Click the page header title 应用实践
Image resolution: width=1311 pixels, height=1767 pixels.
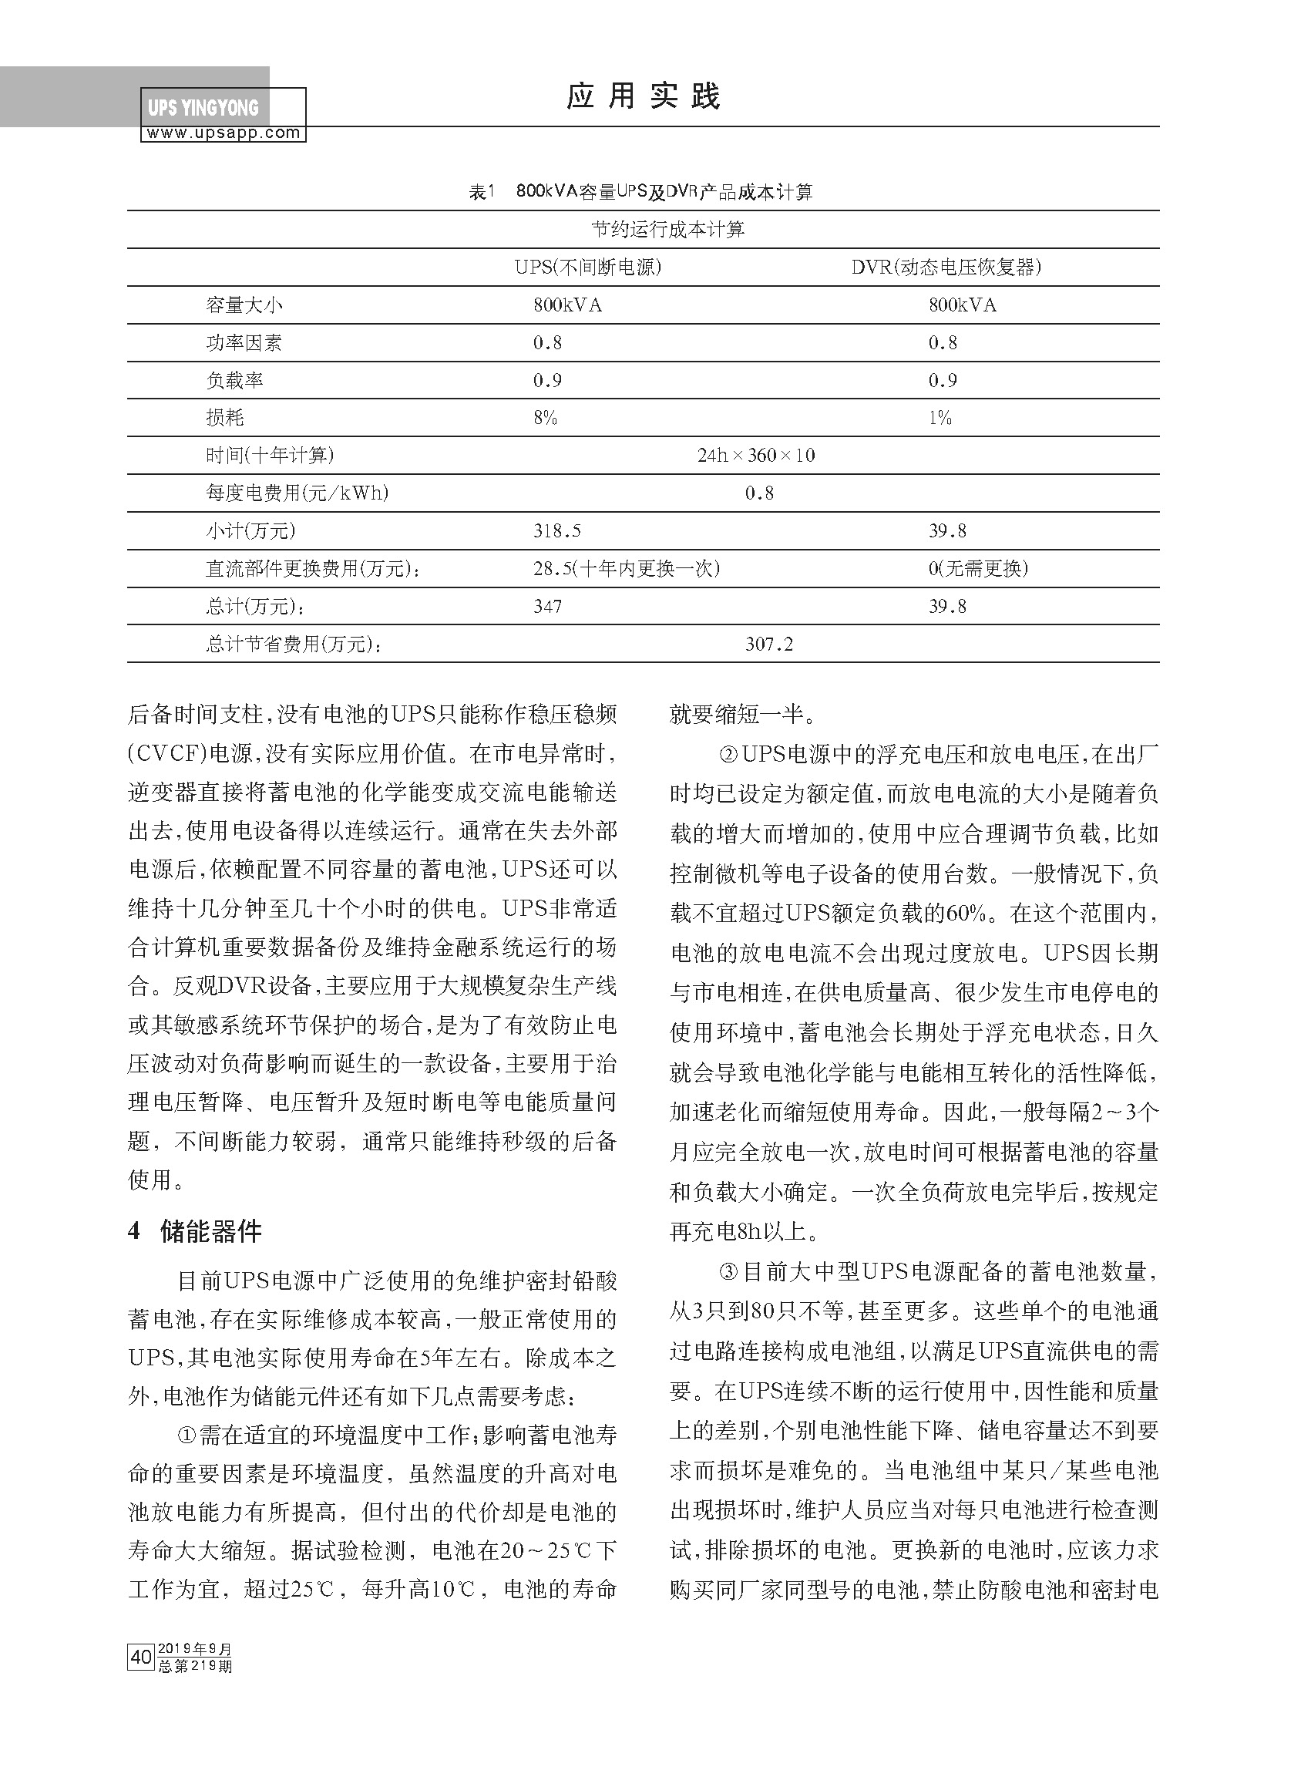643,96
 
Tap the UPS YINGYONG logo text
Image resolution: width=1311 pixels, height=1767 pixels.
203,108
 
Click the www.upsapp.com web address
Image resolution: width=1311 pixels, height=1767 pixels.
223,133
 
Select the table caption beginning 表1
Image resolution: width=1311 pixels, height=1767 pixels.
640,192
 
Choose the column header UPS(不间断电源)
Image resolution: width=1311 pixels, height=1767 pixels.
587,268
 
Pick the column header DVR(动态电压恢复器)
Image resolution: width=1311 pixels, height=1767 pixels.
945,268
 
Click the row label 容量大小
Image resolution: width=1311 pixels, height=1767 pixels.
244,305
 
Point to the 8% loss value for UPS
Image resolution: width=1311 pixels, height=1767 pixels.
545,419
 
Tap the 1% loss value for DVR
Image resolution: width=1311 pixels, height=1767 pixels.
940,419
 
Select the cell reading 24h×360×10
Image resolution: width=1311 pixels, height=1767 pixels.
756,456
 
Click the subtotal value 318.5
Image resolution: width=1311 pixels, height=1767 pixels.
557,531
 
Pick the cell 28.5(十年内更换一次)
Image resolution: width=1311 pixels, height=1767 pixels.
626,568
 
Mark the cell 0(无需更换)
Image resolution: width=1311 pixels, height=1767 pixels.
978,568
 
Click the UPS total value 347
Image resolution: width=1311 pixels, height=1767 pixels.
547,607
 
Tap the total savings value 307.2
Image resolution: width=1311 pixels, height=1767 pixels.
768,644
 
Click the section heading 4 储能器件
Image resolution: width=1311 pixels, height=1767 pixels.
194,1230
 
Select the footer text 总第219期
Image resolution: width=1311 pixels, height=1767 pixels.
195,1665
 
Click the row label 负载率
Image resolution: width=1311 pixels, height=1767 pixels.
234,381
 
